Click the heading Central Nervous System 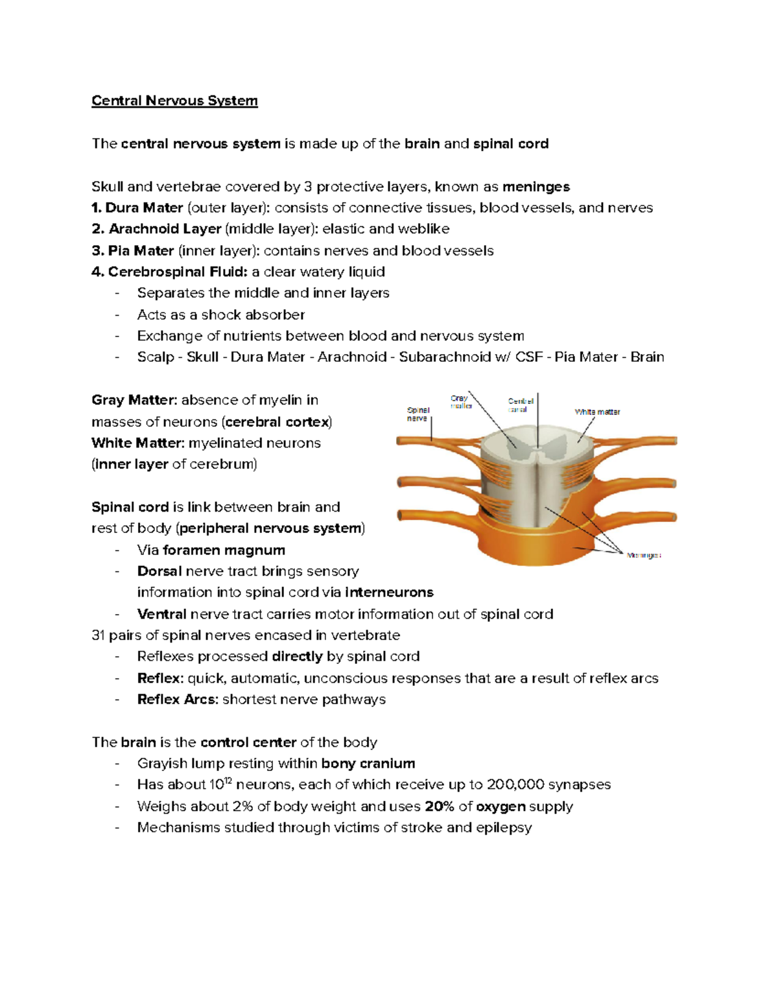click(174, 101)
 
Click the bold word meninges click(536, 187)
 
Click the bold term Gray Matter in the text click(134, 400)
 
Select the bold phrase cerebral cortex click(277, 422)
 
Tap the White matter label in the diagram click(597, 412)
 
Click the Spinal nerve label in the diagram click(418, 414)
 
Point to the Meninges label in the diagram click(643, 556)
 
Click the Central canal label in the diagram click(520, 405)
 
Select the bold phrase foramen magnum click(224, 551)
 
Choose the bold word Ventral click(161, 614)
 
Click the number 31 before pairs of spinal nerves click(98, 635)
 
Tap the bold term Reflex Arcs click(177, 700)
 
